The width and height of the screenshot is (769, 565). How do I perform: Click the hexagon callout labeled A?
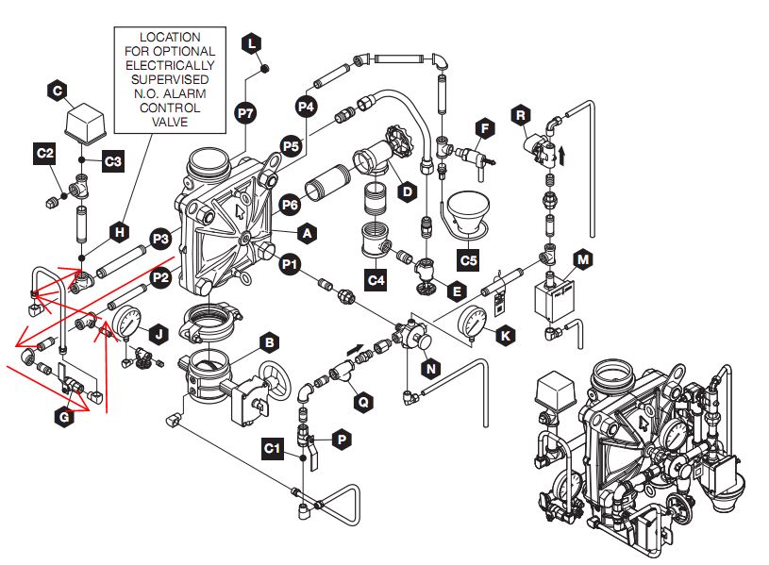click(x=307, y=231)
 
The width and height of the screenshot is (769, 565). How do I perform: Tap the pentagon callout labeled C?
click(x=57, y=90)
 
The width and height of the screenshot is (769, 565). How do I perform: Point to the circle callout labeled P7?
click(x=245, y=112)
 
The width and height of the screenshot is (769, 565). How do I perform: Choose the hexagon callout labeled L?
click(x=251, y=42)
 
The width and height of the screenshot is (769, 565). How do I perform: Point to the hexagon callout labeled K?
click(x=508, y=335)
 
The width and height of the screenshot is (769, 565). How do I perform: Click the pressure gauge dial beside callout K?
click(x=472, y=323)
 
